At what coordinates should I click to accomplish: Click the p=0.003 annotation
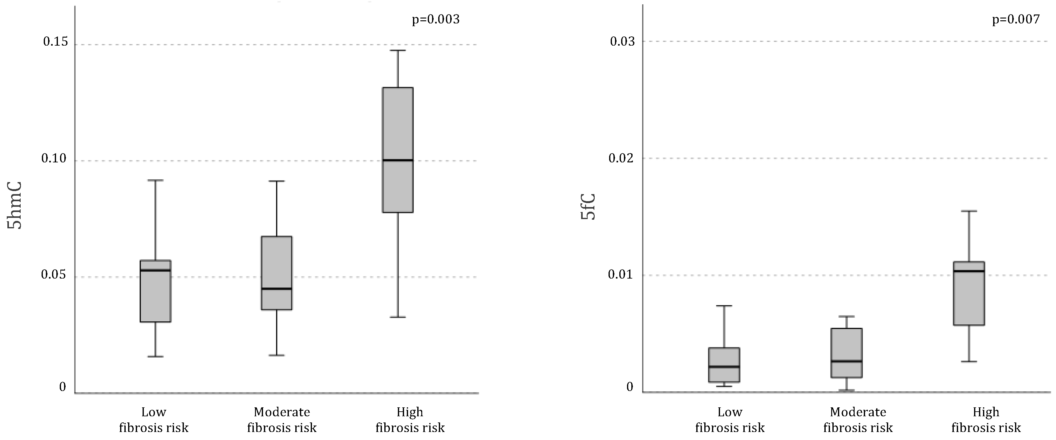point(435,19)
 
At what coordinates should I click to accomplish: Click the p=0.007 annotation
point(1016,19)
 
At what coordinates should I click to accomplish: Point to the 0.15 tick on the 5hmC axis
point(55,42)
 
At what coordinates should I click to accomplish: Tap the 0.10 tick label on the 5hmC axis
point(54,158)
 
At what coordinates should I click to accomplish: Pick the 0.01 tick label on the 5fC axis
point(621,274)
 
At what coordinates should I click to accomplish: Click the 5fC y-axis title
point(588,207)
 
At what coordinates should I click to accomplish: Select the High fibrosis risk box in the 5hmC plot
point(398,150)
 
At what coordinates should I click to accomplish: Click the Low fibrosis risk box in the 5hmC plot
point(155,291)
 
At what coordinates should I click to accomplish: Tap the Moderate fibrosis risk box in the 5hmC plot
point(277,273)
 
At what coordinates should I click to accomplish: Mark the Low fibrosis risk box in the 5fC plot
point(724,365)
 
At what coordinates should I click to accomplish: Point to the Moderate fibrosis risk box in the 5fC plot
point(847,353)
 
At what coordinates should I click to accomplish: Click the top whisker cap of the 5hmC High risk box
point(398,51)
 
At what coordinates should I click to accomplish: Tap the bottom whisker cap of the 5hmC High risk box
point(398,317)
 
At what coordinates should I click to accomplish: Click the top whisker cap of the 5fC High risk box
point(969,211)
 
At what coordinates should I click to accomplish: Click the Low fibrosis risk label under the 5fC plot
point(730,419)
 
